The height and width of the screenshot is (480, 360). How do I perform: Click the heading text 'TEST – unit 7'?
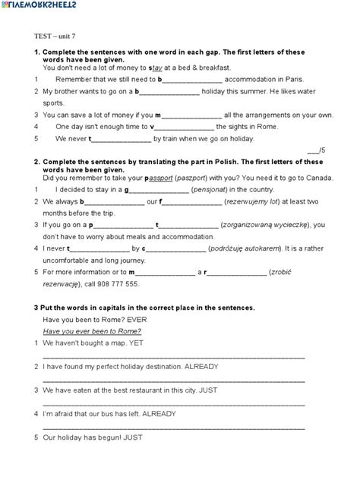pyautogui.click(x=55, y=36)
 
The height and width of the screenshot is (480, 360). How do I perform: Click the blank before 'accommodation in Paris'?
pyautogui.click(x=193, y=79)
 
